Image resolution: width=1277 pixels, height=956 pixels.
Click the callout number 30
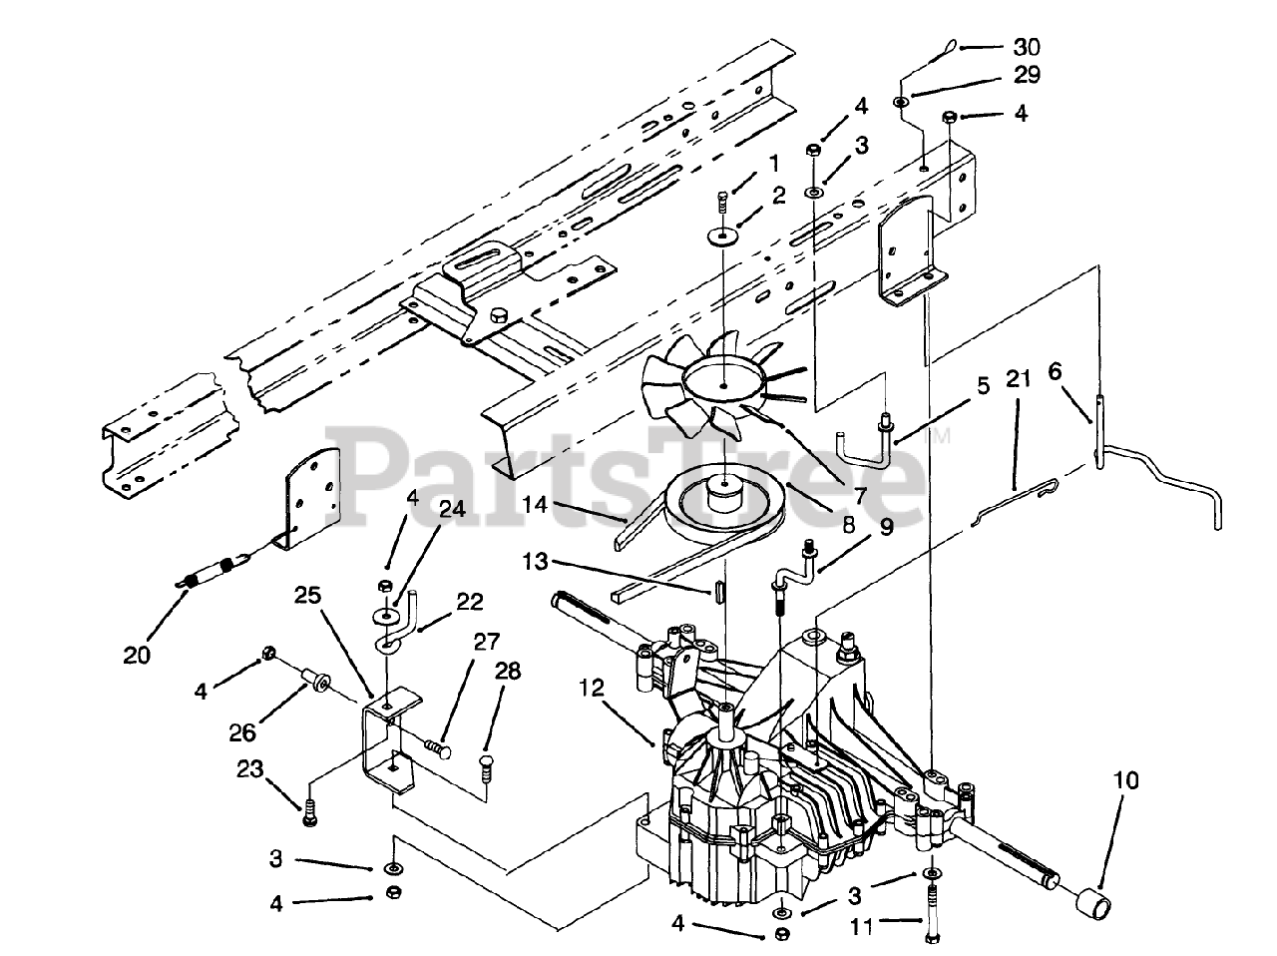pyautogui.click(x=1027, y=47)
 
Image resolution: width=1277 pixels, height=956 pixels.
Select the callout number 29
pyautogui.click(x=1027, y=75)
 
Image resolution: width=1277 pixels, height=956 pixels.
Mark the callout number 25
pyautogui.click(x=308, y=598)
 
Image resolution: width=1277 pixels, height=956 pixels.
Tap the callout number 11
pyautogui.click(x=861, y=926)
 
